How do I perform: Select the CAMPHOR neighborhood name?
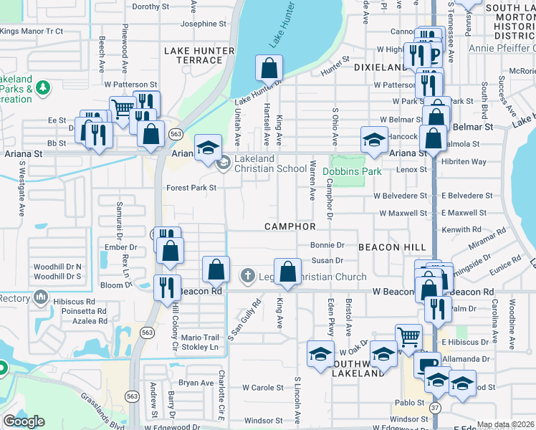point(289,226)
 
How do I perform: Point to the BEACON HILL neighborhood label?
point(392,247)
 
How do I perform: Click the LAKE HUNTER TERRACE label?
point(198,55)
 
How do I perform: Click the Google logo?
point(24,421)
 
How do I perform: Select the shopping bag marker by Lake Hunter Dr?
point(269,69)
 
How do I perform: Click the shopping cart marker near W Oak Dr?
point(408,335)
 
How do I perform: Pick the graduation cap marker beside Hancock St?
point(373,139)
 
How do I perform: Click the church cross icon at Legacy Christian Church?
point(247,275)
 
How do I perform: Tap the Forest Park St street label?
point(192,188)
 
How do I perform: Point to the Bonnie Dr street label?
point(327,244)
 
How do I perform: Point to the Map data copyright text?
point(505,424)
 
